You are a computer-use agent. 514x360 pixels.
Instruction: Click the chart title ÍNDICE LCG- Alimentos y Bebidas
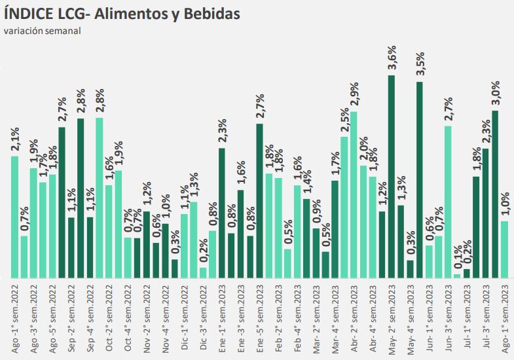point(122,13)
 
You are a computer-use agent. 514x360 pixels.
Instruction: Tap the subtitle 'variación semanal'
point(42,31)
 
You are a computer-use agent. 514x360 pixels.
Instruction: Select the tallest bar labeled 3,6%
point(391,177)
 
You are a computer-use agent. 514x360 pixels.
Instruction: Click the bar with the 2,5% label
point(344,207)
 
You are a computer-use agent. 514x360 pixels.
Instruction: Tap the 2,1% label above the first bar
point(15,141)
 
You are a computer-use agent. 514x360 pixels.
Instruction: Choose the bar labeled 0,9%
point(316,253)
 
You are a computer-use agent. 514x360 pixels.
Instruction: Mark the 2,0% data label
point(363,151)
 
